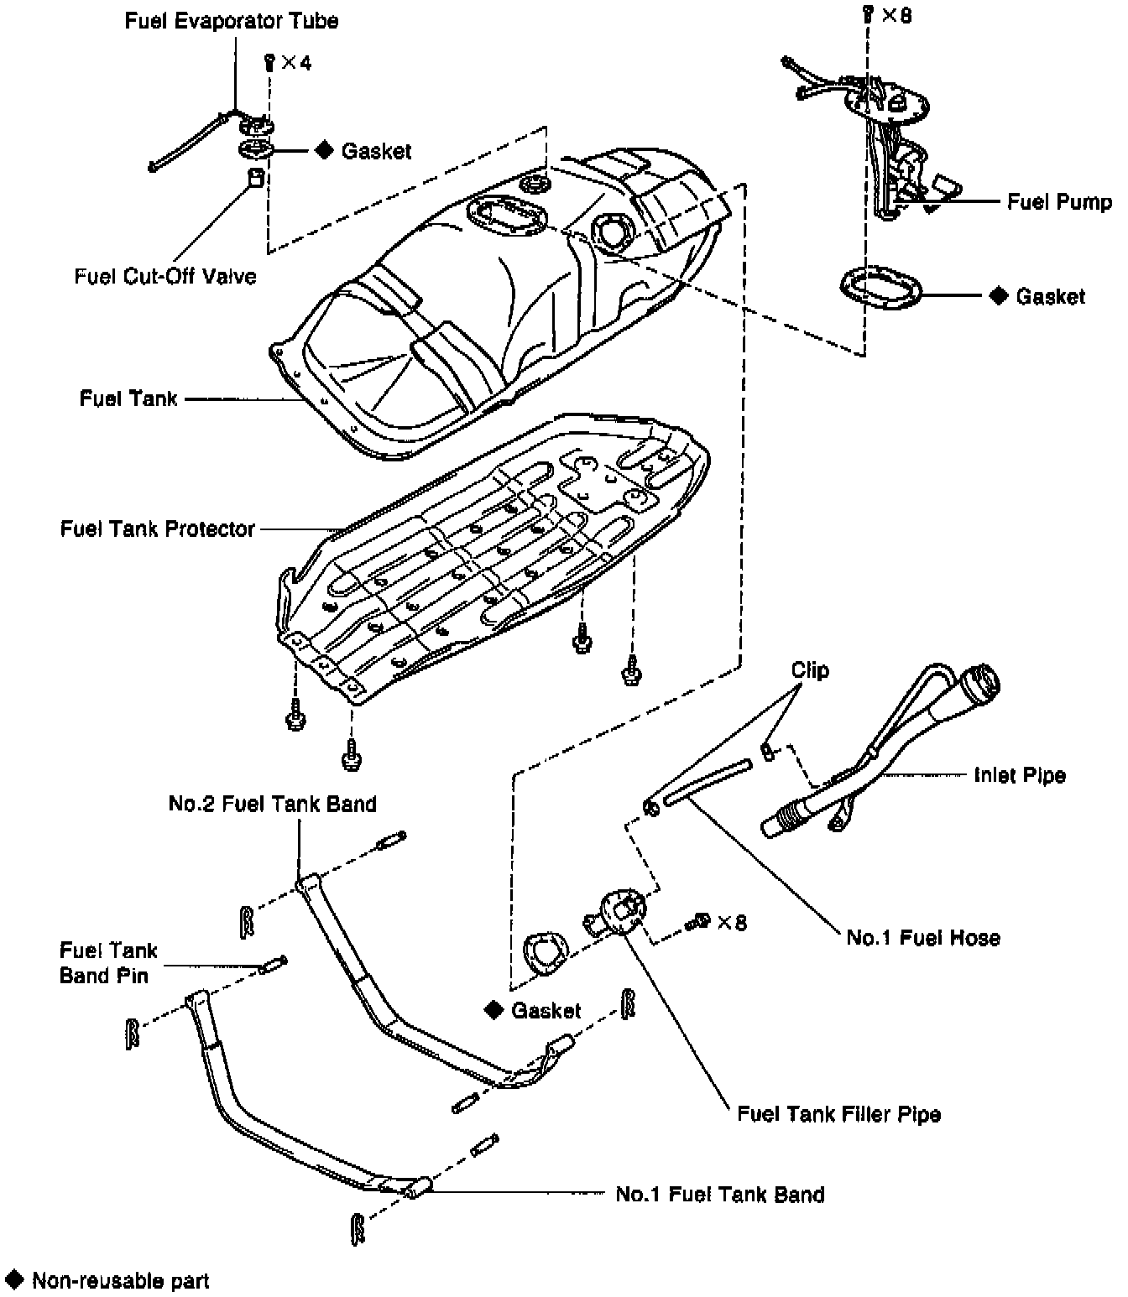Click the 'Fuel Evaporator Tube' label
click(x=232, y=21)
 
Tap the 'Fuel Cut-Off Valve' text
click(x=165, y=276)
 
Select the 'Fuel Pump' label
click(x=1059, y=202)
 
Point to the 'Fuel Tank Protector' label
click(x=157, y=529)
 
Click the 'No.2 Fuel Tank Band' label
click(x=272, y=804)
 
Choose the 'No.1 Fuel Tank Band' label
click(x=720, y=1194)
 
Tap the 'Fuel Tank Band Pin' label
click(x=108, y=962)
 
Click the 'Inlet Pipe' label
click(x=1020, y=774)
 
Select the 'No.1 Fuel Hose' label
click(x=923, y=937)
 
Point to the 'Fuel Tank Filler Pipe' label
click(x=838, y=1114)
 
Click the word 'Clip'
click(x=810, y=669)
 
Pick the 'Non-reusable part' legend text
click(x=120, y=1281)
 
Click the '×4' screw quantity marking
click(x=295, y=63)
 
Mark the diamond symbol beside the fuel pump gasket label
click(x=998, y=296)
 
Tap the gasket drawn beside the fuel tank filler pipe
click(x=543, y=953)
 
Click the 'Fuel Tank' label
click(x=128, y=398)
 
